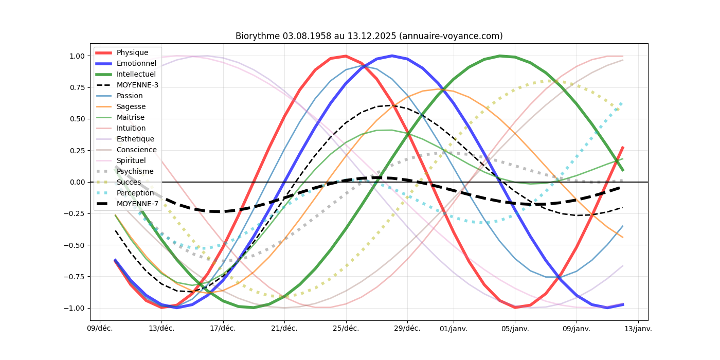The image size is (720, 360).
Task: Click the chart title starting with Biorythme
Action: point(369,36)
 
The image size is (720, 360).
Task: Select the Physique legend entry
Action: point(132,52)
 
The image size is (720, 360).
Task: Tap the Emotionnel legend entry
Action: point(136,63)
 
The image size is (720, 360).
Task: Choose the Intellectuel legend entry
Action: point(136,74)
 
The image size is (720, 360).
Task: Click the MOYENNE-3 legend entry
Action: point(137,85)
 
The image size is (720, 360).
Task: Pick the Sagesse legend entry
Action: point(131,106)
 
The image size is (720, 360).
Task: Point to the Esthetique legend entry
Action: point(135,139)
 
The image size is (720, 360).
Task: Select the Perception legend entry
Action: point(135,193)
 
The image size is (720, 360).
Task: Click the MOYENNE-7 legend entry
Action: point(137,204)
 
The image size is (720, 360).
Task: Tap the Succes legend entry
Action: point(129,182)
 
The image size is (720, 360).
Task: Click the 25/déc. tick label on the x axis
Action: point(346,329)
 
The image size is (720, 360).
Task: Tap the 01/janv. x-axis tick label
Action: point(454,329)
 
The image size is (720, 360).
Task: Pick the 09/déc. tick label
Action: point(99,329)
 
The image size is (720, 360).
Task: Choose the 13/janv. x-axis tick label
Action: point(638,329)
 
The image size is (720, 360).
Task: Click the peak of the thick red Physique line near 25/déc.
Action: point(346,56)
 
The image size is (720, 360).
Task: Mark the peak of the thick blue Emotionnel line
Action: point(392,56)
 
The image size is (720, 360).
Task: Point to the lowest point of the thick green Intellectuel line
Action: point(253,308)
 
